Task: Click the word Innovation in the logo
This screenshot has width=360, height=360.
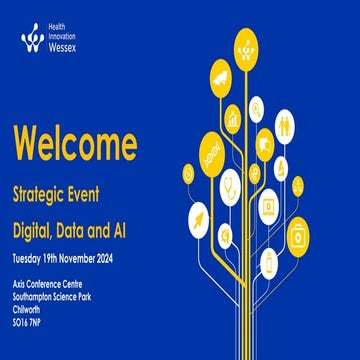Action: tap(66, 36)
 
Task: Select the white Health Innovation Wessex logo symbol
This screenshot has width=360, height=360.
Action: tap(31, 38)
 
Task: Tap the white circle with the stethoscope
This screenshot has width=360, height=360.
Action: tap(229, 184)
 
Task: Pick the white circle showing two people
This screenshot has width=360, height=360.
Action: tap(285, 126)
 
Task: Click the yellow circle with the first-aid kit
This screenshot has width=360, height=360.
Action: tap(298, 237)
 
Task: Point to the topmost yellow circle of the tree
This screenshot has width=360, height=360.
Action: tap(247, 45)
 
